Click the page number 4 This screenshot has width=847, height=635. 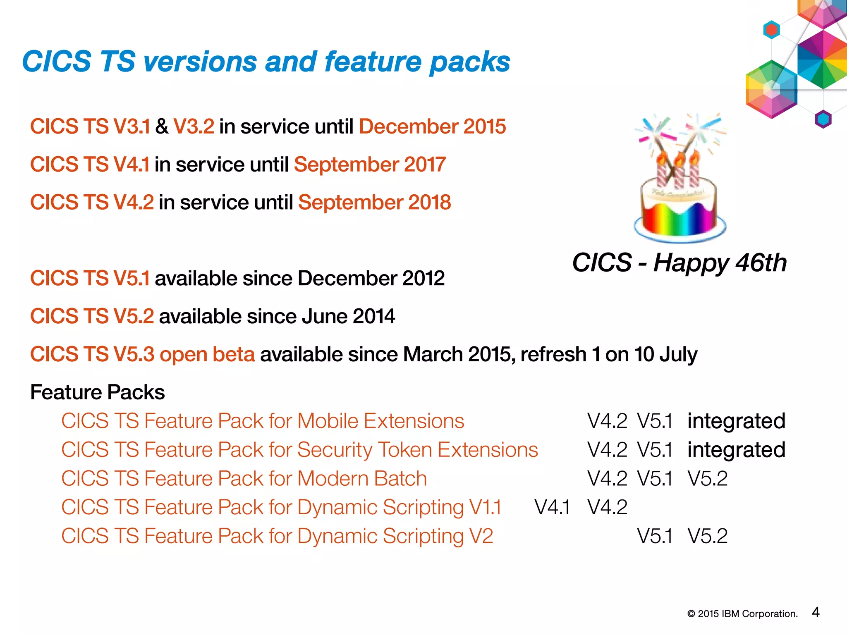(x=816, y=612)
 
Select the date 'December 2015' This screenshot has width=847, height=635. (x=432, y=127)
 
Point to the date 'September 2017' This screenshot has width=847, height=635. (x=370, y=165)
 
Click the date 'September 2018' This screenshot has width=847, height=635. (x=374, y=203)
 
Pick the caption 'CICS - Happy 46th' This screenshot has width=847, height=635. (x=679, y=263)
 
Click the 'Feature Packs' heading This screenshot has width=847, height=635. (x=98, y=392)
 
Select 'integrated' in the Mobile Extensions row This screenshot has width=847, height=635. (x=736, y=421)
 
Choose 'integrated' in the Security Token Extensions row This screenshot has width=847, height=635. (x=736, y=450)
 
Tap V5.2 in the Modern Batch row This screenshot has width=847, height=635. (x=707, y=479)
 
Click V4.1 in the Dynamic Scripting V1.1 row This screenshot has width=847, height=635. (x=552, y=507)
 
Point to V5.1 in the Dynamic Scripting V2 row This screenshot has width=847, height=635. (x=655, y=536)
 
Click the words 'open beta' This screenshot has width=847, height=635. (x=207, y=355)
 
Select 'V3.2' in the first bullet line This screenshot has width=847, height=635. (x=194, y=127)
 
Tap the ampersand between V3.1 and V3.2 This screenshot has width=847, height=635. (x=162, y=127)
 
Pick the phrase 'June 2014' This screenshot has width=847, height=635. (x=348, y=317)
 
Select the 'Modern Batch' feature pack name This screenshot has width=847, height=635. (x=362, y=479)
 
